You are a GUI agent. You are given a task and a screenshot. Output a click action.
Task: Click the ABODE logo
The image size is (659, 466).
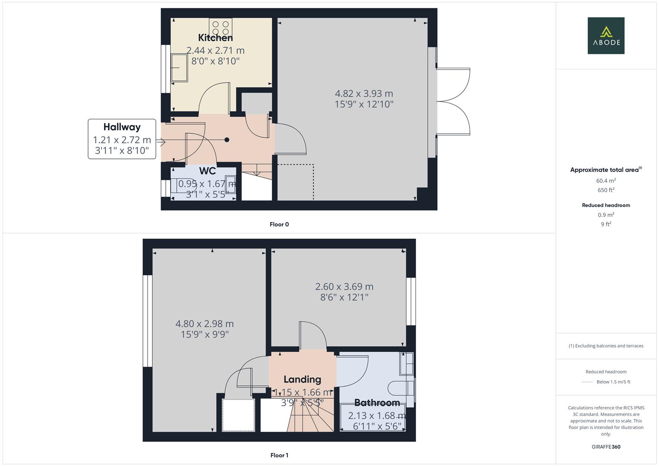tap(605, 36)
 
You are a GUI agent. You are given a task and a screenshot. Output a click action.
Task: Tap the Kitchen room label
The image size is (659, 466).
tap(215, 38)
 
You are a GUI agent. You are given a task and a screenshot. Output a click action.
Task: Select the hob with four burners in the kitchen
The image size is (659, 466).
tap(221, 27)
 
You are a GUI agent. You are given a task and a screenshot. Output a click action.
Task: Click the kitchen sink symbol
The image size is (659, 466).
tap(180, 67)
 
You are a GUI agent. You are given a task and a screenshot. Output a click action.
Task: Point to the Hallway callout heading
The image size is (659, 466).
tap(122, 127)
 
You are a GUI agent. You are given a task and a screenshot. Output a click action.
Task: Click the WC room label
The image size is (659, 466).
tap(207, 171)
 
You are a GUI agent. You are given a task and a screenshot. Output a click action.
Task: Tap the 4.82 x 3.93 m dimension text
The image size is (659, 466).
tap(364, 94)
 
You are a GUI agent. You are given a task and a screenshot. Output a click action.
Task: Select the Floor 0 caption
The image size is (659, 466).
tap(279, 224)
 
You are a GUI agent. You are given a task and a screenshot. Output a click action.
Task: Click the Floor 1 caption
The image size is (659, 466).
tap(279, 455)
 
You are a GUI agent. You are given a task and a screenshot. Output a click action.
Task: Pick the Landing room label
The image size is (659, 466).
tap(302, 379)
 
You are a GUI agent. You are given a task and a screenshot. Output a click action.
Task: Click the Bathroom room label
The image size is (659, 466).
tap(377, 403)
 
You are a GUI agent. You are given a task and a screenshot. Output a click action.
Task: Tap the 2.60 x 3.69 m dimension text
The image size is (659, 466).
tap(344, 287)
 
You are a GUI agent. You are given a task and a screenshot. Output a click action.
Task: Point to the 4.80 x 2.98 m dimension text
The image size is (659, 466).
tap(205, 324)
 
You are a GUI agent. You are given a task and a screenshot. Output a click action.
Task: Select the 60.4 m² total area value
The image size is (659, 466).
tap(606, 181)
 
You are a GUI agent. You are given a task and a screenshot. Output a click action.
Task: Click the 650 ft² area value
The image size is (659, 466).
tap(606, 190)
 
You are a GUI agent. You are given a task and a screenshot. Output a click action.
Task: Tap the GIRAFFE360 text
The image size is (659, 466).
tap(606, 447)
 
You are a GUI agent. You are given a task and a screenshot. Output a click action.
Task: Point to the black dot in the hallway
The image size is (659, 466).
tap(227, 140)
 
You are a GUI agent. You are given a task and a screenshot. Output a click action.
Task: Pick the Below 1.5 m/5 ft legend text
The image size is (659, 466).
tap(613, 382)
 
